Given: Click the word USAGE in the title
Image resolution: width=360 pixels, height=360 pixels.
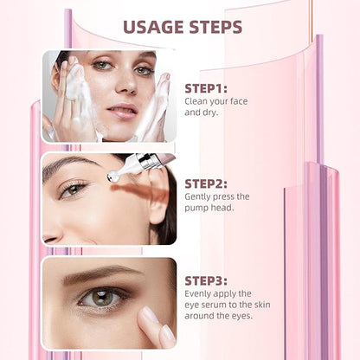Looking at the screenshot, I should pyautogui.click(x=153, y=27).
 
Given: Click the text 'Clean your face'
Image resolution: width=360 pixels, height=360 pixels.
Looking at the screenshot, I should pyautogui.click(x=216, y=101).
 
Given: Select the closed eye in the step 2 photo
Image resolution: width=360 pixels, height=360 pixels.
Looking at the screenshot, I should pyautogui.click(x=74, y=190).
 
